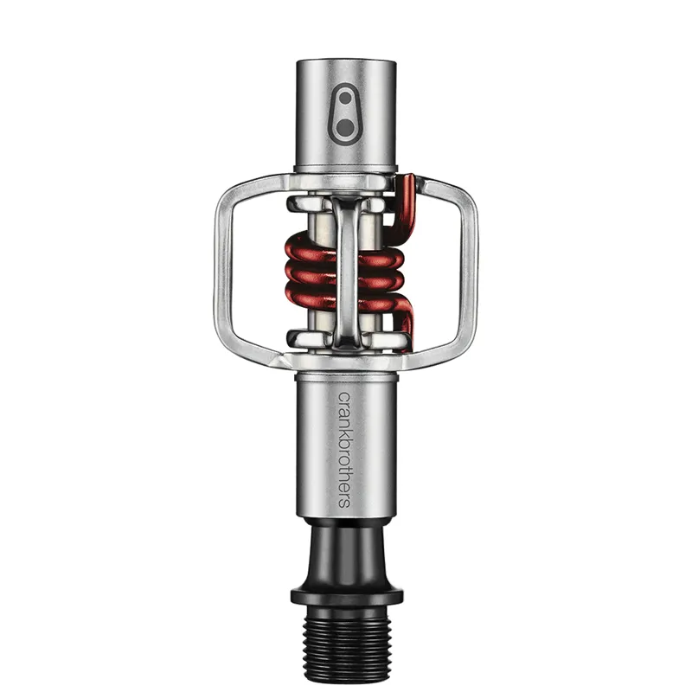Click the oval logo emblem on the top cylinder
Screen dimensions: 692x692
click(346, 114)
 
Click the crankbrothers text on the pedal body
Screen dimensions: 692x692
click(343, 451)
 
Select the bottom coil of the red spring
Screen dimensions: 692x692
click(346, 304)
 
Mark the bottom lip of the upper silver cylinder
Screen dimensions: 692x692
click(346, 167)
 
